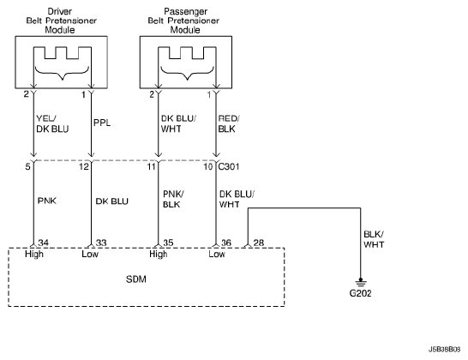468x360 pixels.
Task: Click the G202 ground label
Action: pos(360,293)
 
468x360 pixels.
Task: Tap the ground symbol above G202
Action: pos(361,282)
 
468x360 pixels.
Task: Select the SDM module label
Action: pos(136,279)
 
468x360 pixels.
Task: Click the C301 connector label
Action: pos(229,166)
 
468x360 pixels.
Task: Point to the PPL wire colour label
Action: pos(102,123)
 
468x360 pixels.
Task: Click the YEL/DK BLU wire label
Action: pos(52,124)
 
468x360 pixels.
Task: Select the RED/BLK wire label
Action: pos(229,124)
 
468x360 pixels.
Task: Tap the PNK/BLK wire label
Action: pos(173,199)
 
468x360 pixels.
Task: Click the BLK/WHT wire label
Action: pos(374,239)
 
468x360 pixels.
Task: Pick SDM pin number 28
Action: pos(259,243)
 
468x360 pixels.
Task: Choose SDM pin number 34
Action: pos(43,243)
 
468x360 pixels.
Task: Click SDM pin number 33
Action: pos(101,243)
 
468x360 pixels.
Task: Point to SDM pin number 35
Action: pos(168,243)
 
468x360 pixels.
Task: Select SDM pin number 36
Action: pos(226,243)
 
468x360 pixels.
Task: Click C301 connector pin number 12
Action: pos(84,166)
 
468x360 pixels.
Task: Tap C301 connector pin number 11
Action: pos(152,166)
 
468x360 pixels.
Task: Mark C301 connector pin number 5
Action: pos(27,166)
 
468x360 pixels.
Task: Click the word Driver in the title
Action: pos(60,11)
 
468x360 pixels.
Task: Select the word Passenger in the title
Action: pos(186,11)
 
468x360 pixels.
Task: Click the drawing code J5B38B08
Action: pos(444,349)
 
